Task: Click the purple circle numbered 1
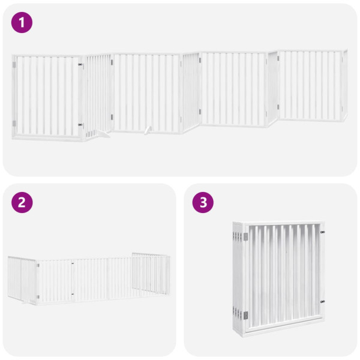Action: pyautogui.click(x=22, y=23)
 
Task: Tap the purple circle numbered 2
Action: pyautogui.click(x=22, y=202)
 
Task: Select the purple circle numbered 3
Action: pyautogui.click(x=203, y=202)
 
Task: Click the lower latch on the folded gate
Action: pyautogui.click(x=322, y=302)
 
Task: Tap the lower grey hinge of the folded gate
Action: pyautogui.click(x=244, y=314)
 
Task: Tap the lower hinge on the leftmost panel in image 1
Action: pyautogui.click(x=14, y=123)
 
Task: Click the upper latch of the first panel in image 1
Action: pyautogui.click(x=80, y=64)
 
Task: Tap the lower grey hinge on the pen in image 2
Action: pyautogui.click(x=38, y=295)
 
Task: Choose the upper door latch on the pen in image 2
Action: pyautogui.click(x=73, y=263)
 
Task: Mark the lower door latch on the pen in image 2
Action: pyautogui.click(x=73, y=294)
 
